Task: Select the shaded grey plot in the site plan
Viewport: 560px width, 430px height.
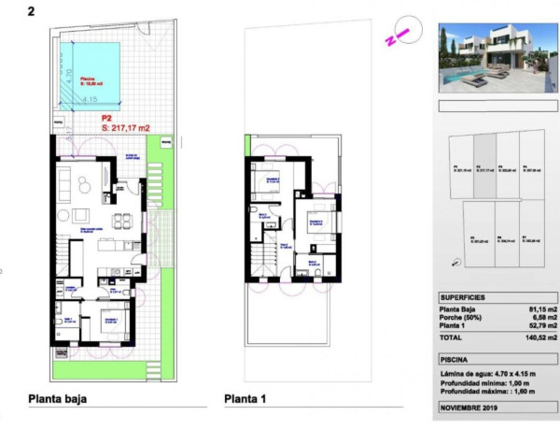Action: [x=483, y=166]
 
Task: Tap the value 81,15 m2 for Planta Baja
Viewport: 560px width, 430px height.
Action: [x=539, y=308]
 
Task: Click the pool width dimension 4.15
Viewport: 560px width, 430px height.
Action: [x=90, y=98]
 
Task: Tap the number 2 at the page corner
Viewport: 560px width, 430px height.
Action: [x=34, y=11]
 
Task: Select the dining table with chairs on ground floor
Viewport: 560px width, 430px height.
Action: [x=121, y=221]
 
